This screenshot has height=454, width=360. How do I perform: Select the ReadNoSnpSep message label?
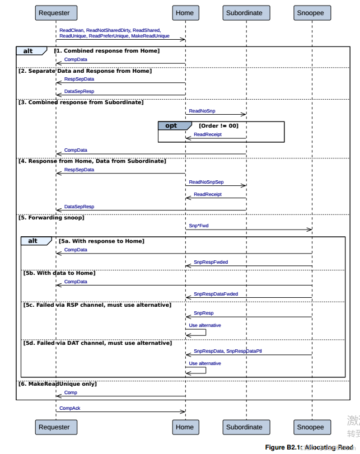206,182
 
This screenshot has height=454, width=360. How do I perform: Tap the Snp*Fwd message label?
199,226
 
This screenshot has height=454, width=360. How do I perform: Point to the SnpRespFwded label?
211,262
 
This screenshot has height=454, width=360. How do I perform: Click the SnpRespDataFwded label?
216,294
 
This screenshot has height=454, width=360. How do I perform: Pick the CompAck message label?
70,408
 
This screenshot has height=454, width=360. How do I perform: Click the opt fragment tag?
171,125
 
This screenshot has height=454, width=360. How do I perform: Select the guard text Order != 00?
218,126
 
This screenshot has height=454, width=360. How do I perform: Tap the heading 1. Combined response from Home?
107,51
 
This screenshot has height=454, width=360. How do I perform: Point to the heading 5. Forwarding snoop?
52,217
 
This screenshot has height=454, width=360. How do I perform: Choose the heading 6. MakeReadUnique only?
58,383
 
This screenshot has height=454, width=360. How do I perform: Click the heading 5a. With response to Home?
101,241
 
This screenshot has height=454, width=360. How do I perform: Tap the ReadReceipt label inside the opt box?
207,134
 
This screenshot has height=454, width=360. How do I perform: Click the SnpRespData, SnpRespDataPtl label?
227,351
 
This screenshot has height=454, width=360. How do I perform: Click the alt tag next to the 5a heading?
33,241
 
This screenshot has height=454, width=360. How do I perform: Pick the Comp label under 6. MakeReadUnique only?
71,392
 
